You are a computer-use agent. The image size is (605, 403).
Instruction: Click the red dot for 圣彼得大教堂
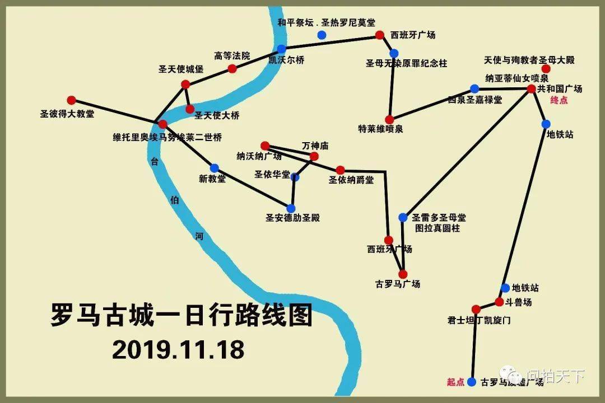71,100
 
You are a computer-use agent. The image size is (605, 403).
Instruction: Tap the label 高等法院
232,56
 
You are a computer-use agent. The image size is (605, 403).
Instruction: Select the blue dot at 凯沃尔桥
281,49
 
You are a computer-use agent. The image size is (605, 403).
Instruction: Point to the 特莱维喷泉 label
380,129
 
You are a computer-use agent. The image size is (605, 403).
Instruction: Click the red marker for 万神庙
314,156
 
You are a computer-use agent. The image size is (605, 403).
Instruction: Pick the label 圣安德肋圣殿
292,218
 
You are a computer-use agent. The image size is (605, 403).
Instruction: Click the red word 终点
559,100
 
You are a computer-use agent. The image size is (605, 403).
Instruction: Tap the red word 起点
455,382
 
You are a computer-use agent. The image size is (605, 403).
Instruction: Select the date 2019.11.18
178,349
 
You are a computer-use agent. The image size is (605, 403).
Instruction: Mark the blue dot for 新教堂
214,168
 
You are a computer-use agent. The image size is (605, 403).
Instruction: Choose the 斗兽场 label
520,302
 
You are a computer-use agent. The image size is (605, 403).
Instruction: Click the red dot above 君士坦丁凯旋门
476,309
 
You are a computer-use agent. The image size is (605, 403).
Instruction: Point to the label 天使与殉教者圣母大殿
529,59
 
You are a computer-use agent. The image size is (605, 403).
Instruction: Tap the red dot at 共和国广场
532,88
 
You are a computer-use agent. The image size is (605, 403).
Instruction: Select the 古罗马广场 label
398,284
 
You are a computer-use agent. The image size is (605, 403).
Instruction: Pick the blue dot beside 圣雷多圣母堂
403,217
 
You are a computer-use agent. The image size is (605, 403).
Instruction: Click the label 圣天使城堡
181,70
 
